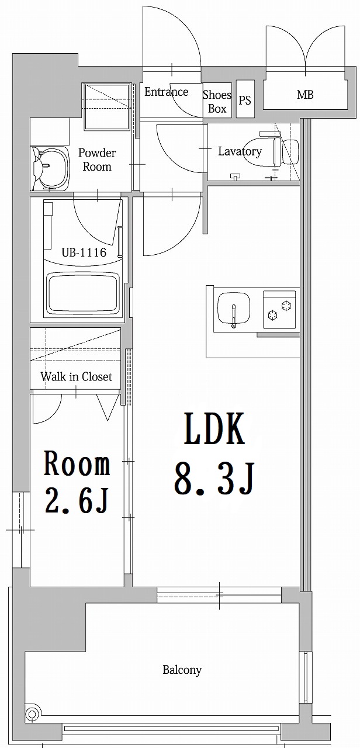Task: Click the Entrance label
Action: [166, 92]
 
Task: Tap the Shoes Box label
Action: [217, 101]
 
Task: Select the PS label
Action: [245, 100]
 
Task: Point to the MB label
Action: [305, 94]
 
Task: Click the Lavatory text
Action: [240, 151]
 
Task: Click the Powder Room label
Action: [97, 160]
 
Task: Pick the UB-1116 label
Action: [84, 252]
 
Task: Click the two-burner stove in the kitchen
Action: [280, 309]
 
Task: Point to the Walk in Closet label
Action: [76, 377]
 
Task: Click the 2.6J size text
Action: [77, 501]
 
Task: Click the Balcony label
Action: [182, 670]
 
